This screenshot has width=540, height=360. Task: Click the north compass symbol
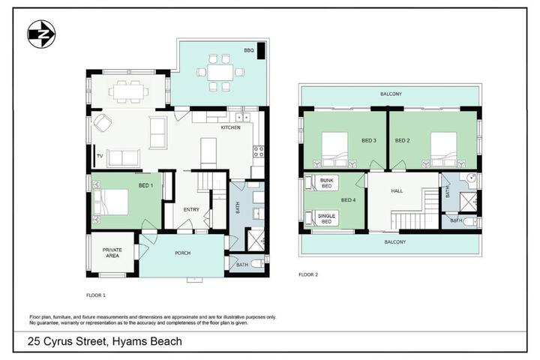pos(41,34)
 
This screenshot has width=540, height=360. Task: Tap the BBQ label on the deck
pos(249,50)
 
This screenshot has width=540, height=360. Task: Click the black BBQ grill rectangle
pos(261,51)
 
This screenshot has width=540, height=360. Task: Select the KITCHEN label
pos(231,127)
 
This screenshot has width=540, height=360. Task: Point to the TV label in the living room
pos(100,156)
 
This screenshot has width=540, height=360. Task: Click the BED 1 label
pos(145,185)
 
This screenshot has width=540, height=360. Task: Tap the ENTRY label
pos(191,209)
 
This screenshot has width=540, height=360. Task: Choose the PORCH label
pos(182,253)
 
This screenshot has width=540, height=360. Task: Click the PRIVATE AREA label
pos(112,253)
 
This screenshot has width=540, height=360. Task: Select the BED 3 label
pos(369,140)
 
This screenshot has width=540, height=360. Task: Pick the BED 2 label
pos(402,140)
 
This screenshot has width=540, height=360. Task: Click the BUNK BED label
pos(326,183)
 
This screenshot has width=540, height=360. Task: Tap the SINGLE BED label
pos(326,219)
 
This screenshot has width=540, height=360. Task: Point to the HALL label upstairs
pos(397,190)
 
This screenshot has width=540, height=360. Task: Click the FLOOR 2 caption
pos(308,274)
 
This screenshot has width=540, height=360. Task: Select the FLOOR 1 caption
pos(96,295)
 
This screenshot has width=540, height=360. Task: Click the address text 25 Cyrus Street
pos(67,341)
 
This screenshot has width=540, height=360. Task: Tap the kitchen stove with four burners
pos(259,151)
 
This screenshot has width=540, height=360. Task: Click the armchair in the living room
pos(103,123)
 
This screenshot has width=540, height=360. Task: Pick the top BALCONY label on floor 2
pos(391,94)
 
